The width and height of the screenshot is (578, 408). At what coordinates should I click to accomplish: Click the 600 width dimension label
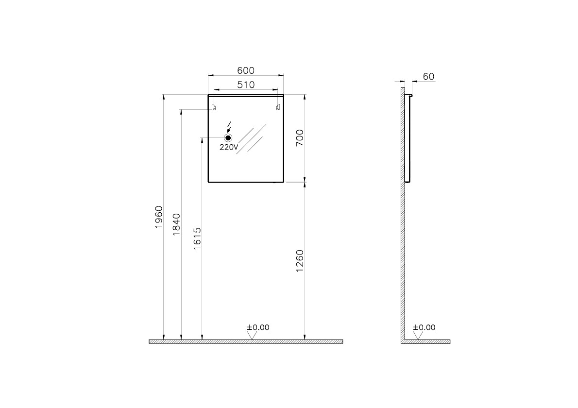pyautogui.click(x=246, y=70)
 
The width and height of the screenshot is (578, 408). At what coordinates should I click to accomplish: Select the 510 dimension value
pyautogui.click(x=246, y=85)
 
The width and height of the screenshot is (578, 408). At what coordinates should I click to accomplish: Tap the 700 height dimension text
pyautogui.click(x=300, y=138)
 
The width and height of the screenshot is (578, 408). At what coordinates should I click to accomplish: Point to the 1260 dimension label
pyautogui.click(x=300, y=261)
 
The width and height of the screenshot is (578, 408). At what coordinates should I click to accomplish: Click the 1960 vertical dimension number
pyautogui.click(x=158, y=217)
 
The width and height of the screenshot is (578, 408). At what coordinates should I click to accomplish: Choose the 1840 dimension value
pyautogui.click(x=177, y=224)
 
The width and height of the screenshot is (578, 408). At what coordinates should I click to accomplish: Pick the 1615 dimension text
pyautogui.click(x=197, y=239)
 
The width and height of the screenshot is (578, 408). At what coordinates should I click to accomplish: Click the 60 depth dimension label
pyautogui.click(x=429, y=77)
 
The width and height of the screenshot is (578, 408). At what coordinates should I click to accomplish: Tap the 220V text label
pyautogui.click(x=229, y=147)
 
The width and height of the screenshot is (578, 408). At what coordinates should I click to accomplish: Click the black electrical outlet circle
pyautogui.click(x=229, y=138)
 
